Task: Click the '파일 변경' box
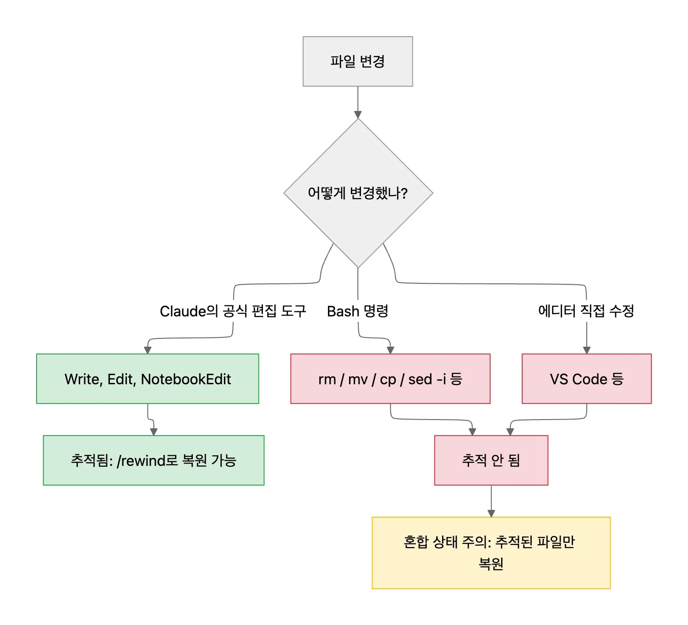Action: coord(358,61)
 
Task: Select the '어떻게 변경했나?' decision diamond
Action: coord(358,193)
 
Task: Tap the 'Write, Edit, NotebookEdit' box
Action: coord(147,379)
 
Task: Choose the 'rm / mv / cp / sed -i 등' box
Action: coord(390,379)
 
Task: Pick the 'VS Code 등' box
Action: coord(586,379)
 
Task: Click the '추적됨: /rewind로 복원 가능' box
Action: coord(153,460)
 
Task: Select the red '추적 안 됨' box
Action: coord(491,460)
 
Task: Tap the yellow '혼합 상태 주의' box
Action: coord(491,553)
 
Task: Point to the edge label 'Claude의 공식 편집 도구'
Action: coord(233,311)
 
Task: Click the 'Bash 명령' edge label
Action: coord(358,311)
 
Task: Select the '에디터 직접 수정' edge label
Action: coord(586,311)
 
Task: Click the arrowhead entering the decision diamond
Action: coord(358,115)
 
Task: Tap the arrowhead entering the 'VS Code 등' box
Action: coord(586,350)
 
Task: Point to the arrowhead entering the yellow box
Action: coord(491,513)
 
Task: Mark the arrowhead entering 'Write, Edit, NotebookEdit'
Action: coord(147,350)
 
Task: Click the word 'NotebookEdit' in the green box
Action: coord(186,379)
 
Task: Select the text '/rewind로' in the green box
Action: coord(147,460)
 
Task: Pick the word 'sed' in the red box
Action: coord(420,379)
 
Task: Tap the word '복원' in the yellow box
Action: coord(491,564)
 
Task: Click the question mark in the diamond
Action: coord(404,193)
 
